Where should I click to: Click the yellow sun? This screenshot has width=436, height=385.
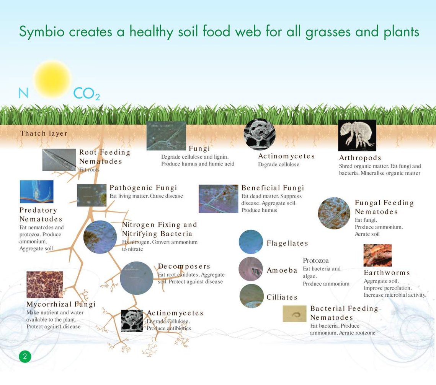pyautogui.click(x=52, y=79)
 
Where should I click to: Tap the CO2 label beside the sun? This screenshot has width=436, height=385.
pyautogui.click(x=87, y=94)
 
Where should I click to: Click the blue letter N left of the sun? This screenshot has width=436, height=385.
pyautogui.click(x=23, y=93)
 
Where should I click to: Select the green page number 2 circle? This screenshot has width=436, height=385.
pyautogui.click(x=25, y=356)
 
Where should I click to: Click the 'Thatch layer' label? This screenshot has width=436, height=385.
pyautogui.click(x=44, y=133)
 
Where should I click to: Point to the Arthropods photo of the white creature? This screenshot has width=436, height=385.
pyautogui.click(x=357, y=135)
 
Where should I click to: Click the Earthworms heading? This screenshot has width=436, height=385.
pyautogui.click(x=387, y=273)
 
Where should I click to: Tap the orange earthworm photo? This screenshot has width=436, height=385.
pyautogui.click(x=377, y=255)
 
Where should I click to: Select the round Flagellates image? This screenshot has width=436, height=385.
pyautogui.click(x=251, y=242)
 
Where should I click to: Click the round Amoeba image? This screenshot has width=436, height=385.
pyautogui.click(x=251, y=269)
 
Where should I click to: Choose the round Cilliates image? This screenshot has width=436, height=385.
pyautogui.click(x=251, y=296)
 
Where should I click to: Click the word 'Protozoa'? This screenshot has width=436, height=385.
pyautogui.click(x=315, y=261)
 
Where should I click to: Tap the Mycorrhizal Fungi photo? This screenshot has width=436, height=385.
pyautogui.click(x=45, y=285)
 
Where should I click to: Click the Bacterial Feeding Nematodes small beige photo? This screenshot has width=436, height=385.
pyautogui.click(x=294, y=314)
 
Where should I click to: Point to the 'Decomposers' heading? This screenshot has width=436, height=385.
pyautogui.click(x=184, y=266)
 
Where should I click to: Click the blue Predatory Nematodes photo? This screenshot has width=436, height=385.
pyautogui.click(x=37, y=192)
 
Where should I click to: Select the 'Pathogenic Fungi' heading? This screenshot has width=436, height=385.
pyautogui.click(x=143, y=188)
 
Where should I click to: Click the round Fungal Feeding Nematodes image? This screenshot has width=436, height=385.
pyautogui.click(x=334, y=213)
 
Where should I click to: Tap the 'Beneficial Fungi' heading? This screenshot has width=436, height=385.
pyautogui.click(x=273, y=188)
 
